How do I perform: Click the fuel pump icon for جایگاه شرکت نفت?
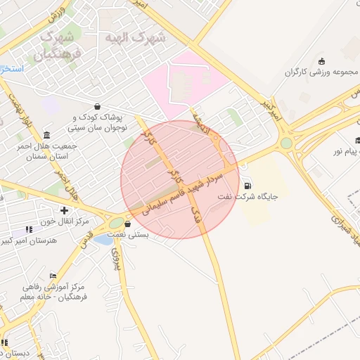pos(247,186)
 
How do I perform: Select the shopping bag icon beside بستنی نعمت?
pos(127,224)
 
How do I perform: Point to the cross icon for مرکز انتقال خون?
pos(65,210)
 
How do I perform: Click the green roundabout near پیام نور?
pos(286,143)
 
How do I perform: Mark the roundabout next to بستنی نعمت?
pos(116,224)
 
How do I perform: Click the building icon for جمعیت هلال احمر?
pos(46,135)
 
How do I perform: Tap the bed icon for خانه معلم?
pos(53,276)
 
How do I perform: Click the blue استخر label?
pos(12,69)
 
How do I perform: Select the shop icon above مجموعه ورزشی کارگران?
pos(321,60)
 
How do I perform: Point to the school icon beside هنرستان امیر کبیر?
pos(29,229)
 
